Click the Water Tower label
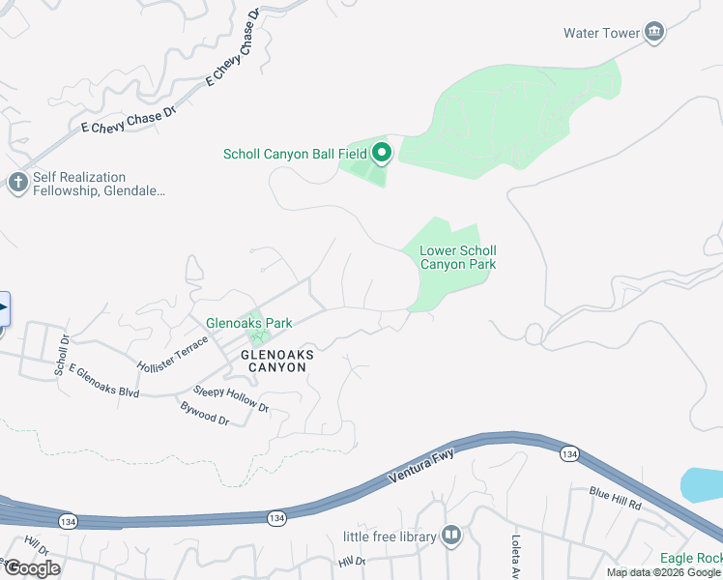click(x=601, y=33)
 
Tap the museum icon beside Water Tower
click(x=655, y=33)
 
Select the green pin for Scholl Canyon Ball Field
click(x=382, y=153)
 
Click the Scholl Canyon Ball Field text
click(x=295, y=154)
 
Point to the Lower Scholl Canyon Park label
click(x=457, y=258)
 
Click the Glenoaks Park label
click(x=248, y=323)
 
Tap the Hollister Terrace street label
click(x=173, y=355)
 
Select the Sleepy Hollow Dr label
click(x=231, y=398)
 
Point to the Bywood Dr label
click(x=204, y=414)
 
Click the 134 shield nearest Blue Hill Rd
click(x=569, y=453)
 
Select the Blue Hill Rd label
click(x=616, y=498)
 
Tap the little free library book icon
click(x=450, y=536)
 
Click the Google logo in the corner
click(x=31, y=568)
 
